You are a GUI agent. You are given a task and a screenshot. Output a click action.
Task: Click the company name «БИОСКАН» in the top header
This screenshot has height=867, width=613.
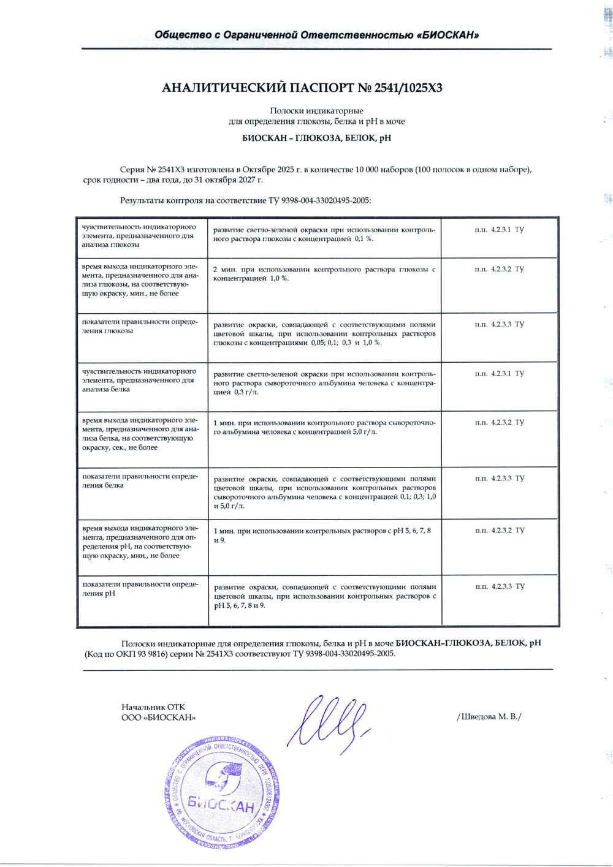click(447, 35)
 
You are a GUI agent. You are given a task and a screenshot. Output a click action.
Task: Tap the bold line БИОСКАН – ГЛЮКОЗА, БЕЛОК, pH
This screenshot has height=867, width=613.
click(316, 138)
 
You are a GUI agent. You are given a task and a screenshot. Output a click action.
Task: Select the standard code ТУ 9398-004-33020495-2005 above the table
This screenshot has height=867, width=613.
click(319, 200)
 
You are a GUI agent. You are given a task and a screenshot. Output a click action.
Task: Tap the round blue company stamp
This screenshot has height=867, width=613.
click(222, 791)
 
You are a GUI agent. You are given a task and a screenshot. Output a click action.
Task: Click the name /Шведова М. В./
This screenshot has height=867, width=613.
click(489, 716)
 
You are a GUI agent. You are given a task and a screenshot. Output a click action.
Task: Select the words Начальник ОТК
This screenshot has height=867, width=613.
click(153, 707)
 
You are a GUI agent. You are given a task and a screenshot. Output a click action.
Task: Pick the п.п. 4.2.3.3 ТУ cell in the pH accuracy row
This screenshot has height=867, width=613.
click(499, 586)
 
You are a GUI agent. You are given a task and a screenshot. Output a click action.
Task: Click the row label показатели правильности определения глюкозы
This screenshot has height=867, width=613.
click(140, 327)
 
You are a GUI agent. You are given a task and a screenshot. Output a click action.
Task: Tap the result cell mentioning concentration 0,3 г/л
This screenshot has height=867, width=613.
click(324, 383)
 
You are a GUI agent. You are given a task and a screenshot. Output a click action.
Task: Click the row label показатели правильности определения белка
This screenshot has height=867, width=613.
click(140, 481)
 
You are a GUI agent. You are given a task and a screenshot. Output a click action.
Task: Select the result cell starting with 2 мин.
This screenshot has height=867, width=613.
click(324, 274)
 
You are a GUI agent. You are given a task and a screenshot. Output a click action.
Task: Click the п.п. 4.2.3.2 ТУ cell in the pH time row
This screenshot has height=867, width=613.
click(499, 531)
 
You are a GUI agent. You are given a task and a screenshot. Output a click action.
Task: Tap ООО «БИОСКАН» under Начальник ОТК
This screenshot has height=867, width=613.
click(159, 717)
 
